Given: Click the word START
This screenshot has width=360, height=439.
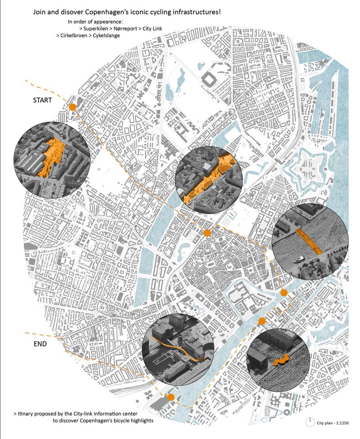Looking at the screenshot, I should tap(42, 100).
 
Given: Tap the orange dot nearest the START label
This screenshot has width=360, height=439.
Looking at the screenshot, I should tap(72, 107).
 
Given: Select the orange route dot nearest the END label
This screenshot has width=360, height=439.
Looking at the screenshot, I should tap(171, 397).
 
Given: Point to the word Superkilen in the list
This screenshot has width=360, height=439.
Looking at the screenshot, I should tap(97, 28).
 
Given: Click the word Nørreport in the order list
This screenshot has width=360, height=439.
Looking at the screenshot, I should tap(126, 28).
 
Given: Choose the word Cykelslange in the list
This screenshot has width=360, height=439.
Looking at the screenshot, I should tap(106, 35).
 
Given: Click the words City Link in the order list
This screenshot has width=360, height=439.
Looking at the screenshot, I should tap(153, 28).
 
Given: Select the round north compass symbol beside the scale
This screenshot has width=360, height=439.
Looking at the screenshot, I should tap(310, 422).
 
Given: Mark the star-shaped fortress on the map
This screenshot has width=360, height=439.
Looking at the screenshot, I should tap(310, 165).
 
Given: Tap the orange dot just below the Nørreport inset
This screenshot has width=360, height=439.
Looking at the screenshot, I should tap(207, 233).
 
